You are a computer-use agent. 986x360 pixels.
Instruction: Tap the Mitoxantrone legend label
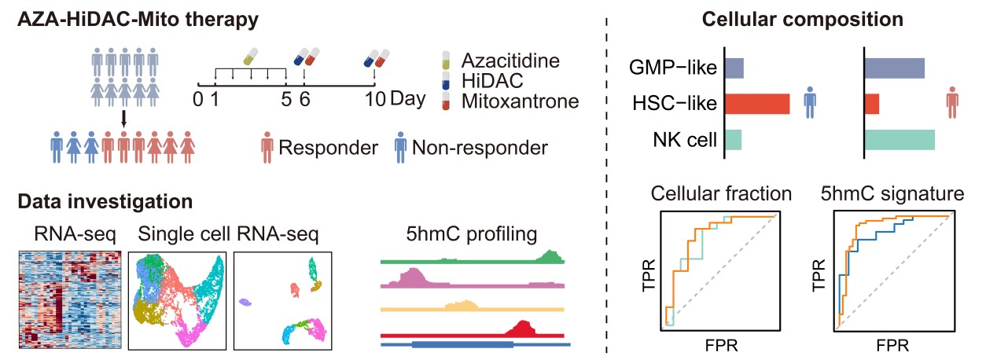[x=520, y=101]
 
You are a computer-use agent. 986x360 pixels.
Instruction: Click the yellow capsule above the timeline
[x=250, y=57]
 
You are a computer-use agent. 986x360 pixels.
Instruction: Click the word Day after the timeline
[x=408, y=99]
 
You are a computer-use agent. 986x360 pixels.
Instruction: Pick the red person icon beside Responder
[x=268, y=147]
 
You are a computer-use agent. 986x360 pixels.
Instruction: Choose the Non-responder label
[x=480, y=147]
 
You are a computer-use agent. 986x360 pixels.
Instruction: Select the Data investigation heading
[x=105, y=201]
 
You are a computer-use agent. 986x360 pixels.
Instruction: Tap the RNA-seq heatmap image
[x=68, y=301]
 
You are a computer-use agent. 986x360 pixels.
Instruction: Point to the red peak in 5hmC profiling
[x=523, y=329]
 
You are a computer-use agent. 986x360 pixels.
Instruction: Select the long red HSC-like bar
[x=756, y=104]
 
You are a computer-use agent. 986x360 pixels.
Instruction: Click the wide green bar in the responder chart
[x=900, y=140]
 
